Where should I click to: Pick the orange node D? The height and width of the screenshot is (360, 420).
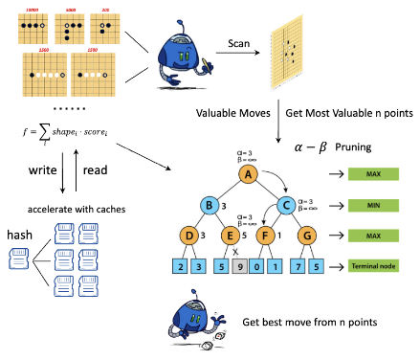click(187, 236)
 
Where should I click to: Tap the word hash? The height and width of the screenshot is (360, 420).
click(21, 235)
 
